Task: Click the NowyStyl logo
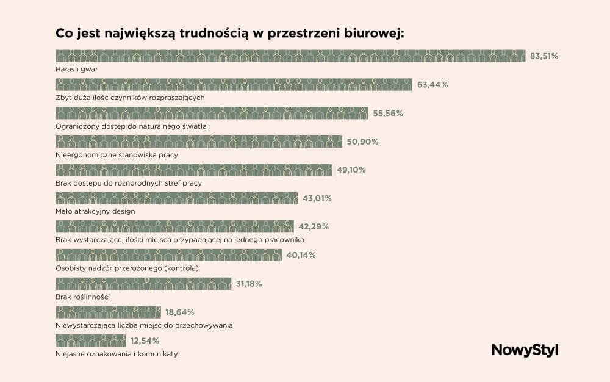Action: pyautogui.click(x=524, y=350)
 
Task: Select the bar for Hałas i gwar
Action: pyautogui.click(x=290, y=56)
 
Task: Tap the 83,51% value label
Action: pyautogui.click(x=544, y=56)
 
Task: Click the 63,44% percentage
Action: pyautogui.click(x=432, y=85)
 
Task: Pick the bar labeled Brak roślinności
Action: pyautogui.click(x=143, y=283)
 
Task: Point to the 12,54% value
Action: pyautogui.click(x=145, y=341)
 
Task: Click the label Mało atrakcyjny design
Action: pyautogui.click(x=95, y=211)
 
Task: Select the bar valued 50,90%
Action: pyautogui.click(x=199, y=142)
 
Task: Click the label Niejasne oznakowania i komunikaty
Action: pyautogui.click(x=117, y=353)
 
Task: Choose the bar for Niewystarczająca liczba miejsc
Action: pyautogui.click(x=108, y=312)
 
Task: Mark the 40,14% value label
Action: pyautogui.click(x=301, y=255)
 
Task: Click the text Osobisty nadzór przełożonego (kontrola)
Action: pyautogui.click(x=127, y=268)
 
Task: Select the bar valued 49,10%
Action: pyautogui.click(x=193, y=170)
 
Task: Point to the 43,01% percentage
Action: pyautogui.click(x=317, y=198)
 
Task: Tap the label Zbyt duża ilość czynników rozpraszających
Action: pyautogui.click(x=134, y=98)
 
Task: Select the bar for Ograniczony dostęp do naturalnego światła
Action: pyautogui.click(x=212, y=113)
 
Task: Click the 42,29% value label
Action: pyautogui.click(x=314, y=226)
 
